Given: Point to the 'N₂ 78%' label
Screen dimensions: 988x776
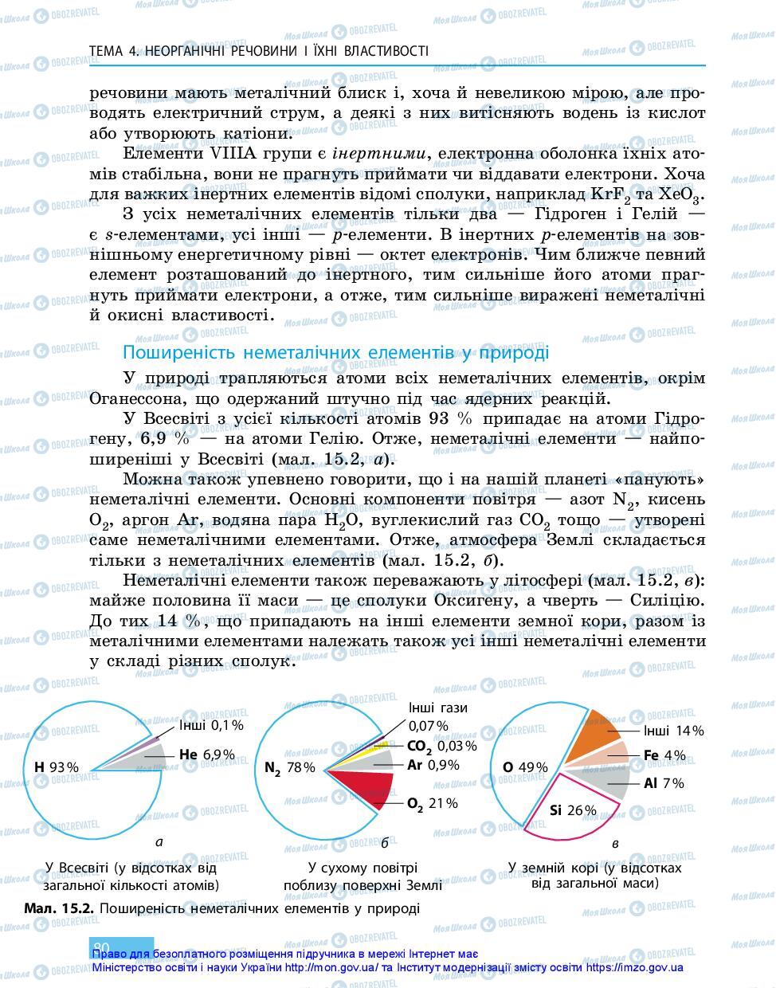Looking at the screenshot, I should pyautogui.click(x=289, y=767).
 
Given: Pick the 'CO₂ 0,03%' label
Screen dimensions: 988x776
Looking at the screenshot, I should pyautogui.click(x=441, y=746).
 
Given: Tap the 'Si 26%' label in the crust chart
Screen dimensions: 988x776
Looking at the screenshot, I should pyautogui.click(x=573, y=810).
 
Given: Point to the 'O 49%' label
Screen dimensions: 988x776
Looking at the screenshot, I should pyautogui.click(x=525, y=767).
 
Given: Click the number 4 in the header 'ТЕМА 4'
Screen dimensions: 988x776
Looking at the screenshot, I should pyautogui.click(x=131, y=51).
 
